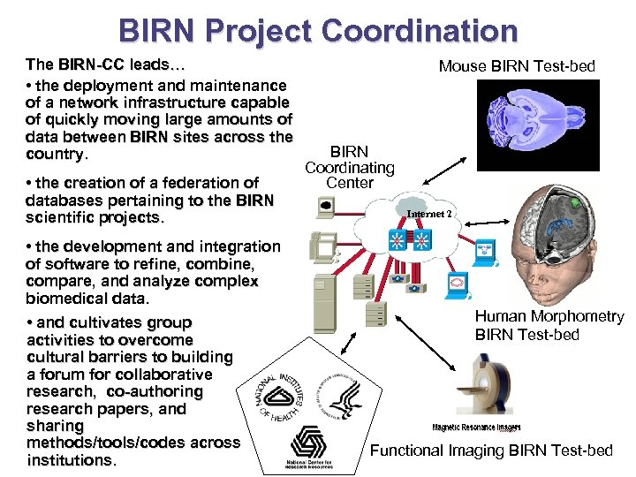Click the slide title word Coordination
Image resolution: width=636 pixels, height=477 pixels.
(x=420, y=31)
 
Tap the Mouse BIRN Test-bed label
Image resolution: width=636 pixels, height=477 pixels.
(x=517, y=66)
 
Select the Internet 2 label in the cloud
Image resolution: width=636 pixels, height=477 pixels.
(x=429, y=214)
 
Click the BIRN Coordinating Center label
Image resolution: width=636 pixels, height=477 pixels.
(x=350, y=167)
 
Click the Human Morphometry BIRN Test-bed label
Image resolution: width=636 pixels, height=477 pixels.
(x=549, y=325)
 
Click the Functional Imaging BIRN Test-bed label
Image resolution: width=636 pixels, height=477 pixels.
(x=490, y=450)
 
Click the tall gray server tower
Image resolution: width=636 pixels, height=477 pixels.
(x=328, y=305)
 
